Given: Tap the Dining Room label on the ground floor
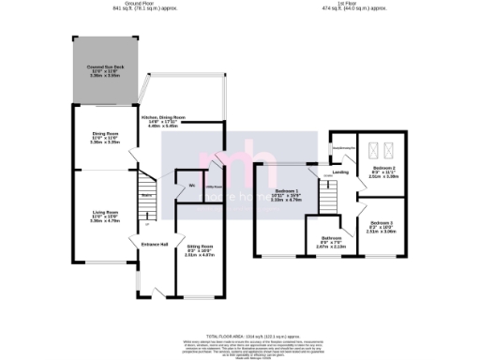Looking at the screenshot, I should coord(103,137).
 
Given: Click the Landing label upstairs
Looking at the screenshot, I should coord(340,172).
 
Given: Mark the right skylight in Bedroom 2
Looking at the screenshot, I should coord(386,151).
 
